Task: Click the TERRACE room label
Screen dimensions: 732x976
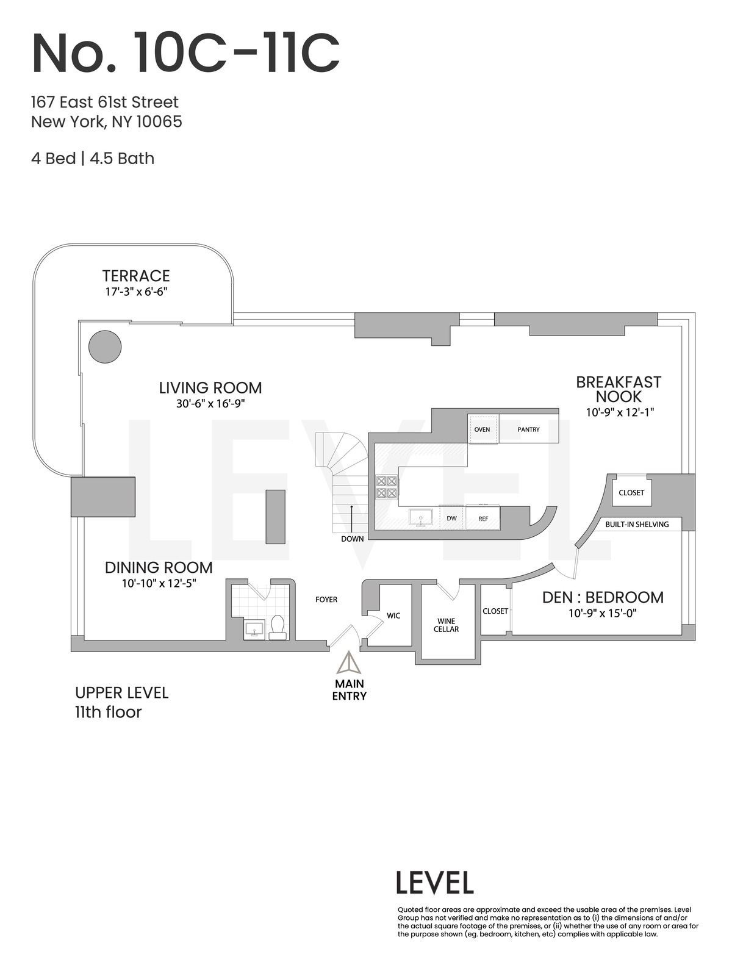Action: click(x=136, y=276)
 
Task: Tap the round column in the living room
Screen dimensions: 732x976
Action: click(x=105, y=347)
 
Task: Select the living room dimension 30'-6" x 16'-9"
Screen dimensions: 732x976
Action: click(x=210, y=404)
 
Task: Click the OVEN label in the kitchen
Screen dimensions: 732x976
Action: click(x=483, y=429)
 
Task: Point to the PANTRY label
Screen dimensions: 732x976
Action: click(x=528, y=429)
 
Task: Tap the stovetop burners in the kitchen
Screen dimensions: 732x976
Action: click(x=387, y=487)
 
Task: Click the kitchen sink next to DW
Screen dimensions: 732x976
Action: click(x=421, y=517)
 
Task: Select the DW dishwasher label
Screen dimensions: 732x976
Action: click(x=451, y=518)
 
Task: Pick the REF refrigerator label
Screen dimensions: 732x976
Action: click(x=483, y=518)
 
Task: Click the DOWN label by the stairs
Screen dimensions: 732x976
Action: click(x=353, y=539)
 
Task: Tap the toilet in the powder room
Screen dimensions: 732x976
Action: click(x=278, y=626)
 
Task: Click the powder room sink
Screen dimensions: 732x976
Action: click(x=254, y=629)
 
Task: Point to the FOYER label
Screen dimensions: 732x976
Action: click(x=326, y=600)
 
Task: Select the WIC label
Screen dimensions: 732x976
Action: click(x=393, y=615)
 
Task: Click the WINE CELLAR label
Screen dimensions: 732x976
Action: click(x=447, y=625)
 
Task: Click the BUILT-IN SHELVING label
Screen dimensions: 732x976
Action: click(x=637, y=524)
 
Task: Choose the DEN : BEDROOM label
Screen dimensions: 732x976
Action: click(x=603, y=597)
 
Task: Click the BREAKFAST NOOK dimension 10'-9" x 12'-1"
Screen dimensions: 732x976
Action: click(x=620, y=412)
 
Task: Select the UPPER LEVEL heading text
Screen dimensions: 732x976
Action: click(x=122, y=693)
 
